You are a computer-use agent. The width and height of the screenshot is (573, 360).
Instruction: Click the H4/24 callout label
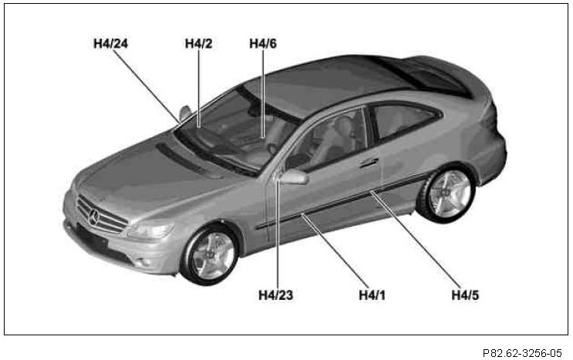click(110, 43)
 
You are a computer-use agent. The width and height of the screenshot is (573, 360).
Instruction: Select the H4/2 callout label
click(198, 43)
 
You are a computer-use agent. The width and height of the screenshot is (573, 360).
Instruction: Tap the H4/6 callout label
click(263, 43)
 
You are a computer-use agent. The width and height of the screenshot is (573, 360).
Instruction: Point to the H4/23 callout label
click(276, 294)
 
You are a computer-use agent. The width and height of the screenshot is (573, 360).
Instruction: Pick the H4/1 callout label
click(372, 294)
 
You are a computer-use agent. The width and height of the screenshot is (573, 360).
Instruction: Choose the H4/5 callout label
click(466, 294)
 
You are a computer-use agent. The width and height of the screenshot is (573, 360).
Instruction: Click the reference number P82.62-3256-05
click(524, 352)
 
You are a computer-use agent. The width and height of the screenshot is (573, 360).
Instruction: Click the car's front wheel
click(211, 253)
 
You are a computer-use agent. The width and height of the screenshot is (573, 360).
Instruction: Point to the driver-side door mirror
click(294, 177)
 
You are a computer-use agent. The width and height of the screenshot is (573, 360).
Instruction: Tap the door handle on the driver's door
click(369, 163)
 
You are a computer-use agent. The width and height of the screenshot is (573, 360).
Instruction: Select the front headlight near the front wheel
click(153, 229)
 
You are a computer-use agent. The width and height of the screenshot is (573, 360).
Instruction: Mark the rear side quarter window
click(401, 120)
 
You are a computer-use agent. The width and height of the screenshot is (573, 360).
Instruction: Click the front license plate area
click(92, 237)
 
